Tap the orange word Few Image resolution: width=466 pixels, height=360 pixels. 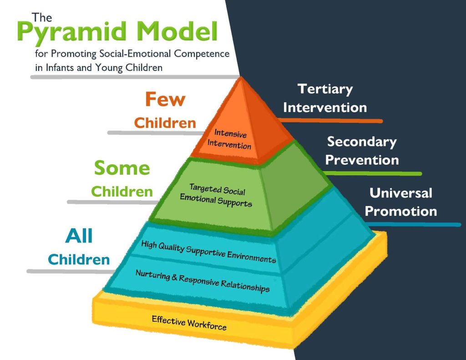click(x=165, y=99)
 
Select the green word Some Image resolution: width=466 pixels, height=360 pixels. click(x=122, y=168)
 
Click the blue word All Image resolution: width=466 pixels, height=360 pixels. click(x=79, y=237)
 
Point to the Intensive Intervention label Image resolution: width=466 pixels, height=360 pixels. click(x=229, y=140)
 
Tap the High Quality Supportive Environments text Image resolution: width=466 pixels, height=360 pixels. click(x=208, y=252)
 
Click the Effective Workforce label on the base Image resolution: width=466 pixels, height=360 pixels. click(x=189, y=322)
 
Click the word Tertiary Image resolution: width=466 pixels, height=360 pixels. click(x=325, y=89)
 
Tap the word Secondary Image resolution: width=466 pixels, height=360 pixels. click(x=362, y=142)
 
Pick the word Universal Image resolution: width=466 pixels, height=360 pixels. click(x=400, y=193)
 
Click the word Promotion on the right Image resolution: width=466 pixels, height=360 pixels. click(x=400, y=212)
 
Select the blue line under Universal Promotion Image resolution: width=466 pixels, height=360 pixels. click(x=414, y=224)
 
